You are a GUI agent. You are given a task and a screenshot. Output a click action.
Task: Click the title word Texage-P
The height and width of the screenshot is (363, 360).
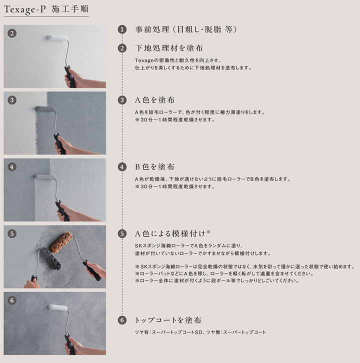[x=24, y=9]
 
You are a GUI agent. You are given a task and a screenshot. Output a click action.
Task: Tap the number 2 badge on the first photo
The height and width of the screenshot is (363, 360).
[x=12, y=33]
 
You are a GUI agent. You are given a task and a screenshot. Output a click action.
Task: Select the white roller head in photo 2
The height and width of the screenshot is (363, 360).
[x=57, y=37]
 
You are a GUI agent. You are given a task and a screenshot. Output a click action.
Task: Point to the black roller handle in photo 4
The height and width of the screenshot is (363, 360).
[x=62, y=211]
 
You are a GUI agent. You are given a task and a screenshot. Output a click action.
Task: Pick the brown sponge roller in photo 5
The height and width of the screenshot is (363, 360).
[x=61, y=242]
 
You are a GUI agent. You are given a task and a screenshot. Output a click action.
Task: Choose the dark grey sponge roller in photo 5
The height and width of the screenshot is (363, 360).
[x=50, y=259]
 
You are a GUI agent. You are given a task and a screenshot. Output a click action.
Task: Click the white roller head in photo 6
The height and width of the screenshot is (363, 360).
[x=58, y=307]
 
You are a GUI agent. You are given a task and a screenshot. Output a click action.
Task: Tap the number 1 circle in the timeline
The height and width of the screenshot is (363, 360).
[x=122, y=29]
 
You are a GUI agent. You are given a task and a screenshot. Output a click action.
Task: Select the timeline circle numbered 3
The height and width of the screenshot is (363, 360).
[x=122, y=100]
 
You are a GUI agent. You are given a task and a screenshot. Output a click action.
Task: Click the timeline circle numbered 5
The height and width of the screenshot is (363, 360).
[x=122, y=234]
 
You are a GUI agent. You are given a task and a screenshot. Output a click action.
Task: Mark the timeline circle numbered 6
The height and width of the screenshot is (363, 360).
[x=122, y=320]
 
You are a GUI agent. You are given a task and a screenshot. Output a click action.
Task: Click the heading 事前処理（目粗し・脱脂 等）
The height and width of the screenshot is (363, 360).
[x=186, y=29]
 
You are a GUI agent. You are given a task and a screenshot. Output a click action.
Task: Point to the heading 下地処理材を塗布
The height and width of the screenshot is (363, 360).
[x=169, y=48]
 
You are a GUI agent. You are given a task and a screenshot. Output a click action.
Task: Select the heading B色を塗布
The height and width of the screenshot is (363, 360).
[x=154, y=167]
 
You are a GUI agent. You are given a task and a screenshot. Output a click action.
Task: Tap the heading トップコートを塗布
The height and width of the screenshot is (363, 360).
[x=168, y=320]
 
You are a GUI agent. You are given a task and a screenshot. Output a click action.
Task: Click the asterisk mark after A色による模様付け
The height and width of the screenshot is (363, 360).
[x=208, y=231]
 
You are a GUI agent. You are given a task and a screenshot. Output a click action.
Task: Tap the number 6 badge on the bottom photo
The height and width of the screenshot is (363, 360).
[x=12, y=300]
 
